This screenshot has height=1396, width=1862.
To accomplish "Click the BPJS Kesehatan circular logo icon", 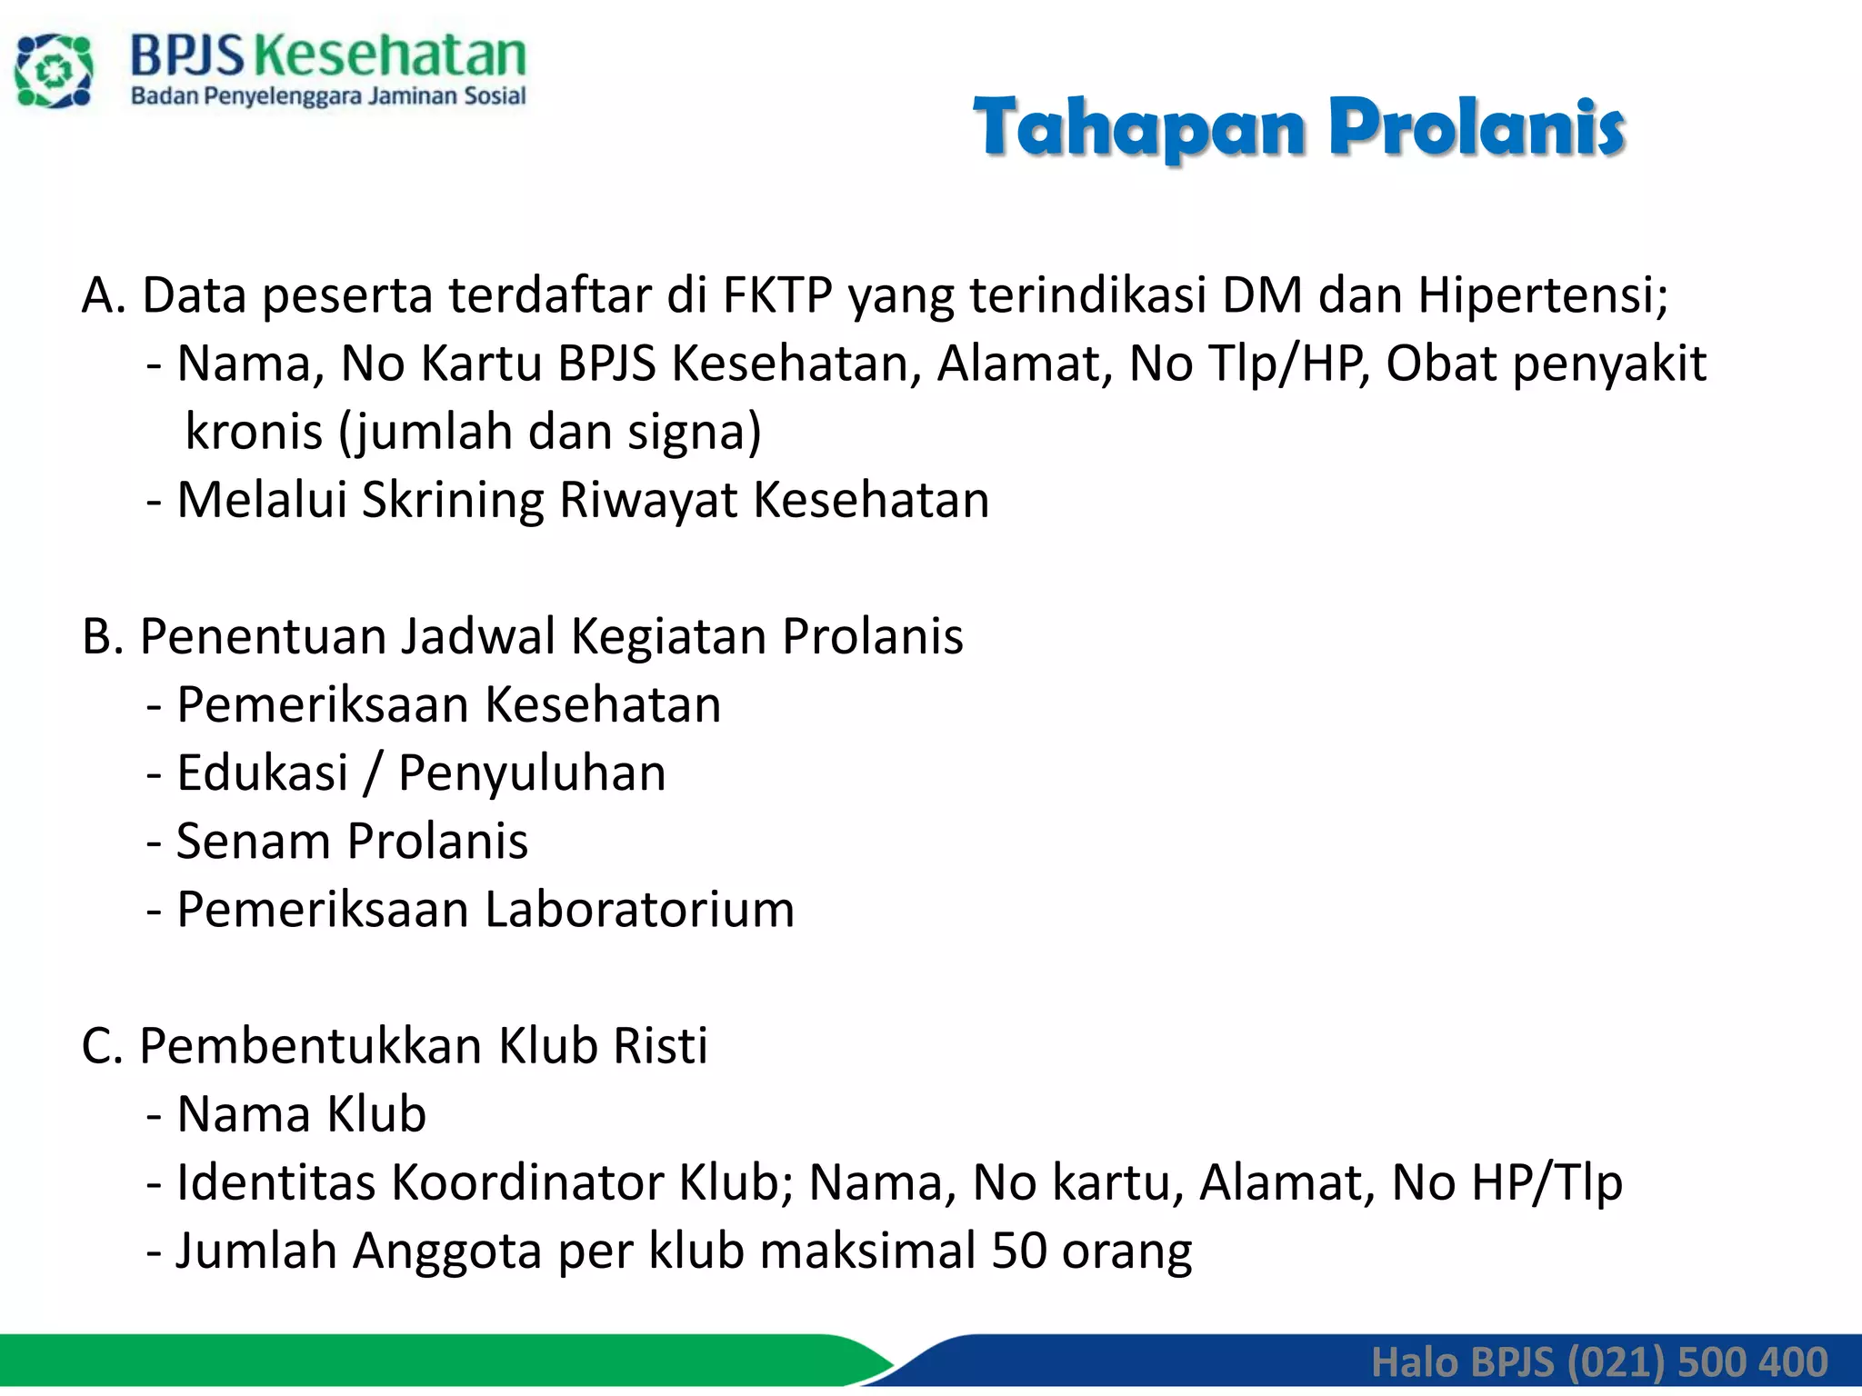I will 54,71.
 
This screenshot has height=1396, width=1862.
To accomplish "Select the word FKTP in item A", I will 777,295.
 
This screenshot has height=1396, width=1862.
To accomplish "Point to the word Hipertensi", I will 1542,295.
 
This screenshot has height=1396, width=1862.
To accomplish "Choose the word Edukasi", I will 263,773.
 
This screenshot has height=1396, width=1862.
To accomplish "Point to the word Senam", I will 254,841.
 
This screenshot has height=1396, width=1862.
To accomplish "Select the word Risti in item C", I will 660,1045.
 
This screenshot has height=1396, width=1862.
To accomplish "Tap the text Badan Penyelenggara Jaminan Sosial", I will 328,96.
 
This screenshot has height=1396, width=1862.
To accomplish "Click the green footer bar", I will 409,1359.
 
